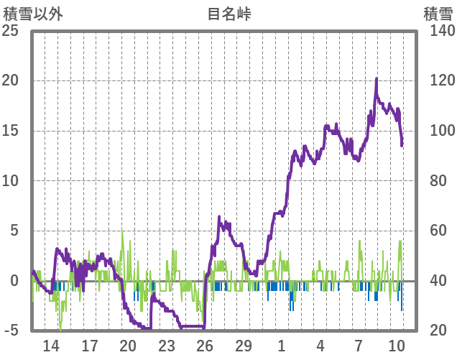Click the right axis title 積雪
tap(438, 13)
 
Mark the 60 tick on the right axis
tap(439, 231)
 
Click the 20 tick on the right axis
tap(439, 331)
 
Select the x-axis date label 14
tap(51, 346)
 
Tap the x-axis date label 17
tap(89, 346)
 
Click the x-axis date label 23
tap(167, 346)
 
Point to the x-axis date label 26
tap(206, 346)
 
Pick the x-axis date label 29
tap(244, 346)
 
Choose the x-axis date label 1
tap(282, 346)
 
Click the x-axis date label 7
tap(359, 346)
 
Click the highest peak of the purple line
tap(376, 79)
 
